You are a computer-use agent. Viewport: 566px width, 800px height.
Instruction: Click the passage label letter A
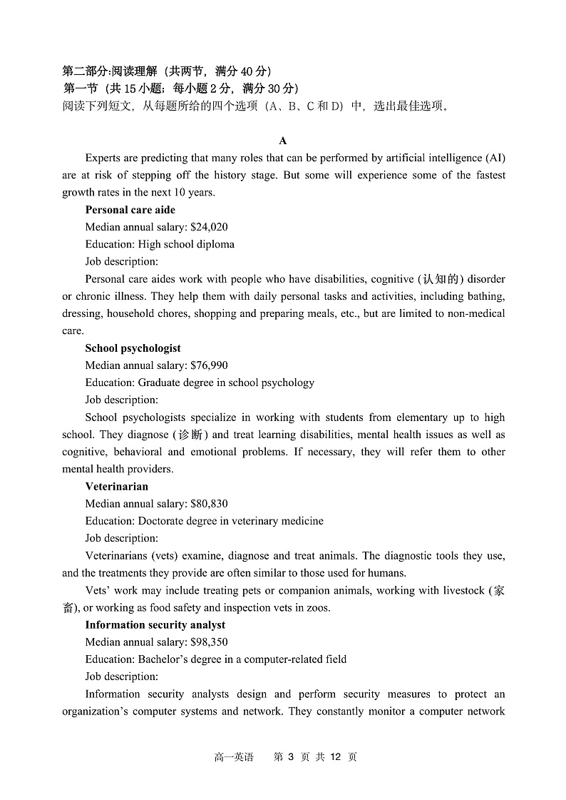(283, 141)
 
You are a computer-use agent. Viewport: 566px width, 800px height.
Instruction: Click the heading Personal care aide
(130, 210)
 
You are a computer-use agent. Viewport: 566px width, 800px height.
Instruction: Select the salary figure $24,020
(209, 227)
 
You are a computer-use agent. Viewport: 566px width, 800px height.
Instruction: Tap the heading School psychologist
(133, 348)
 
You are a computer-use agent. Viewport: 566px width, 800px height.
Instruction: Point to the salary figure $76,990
(209, 365)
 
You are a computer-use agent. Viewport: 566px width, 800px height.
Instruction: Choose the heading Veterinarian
(116, 487)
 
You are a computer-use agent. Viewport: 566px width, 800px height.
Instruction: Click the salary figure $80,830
(209, 504)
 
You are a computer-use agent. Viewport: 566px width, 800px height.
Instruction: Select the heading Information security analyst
(155, 625)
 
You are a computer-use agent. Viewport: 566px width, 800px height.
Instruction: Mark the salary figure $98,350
(209, 642)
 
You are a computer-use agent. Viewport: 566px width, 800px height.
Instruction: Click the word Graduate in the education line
(160, 383)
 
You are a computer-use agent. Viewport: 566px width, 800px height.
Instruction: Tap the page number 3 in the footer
(290, 757)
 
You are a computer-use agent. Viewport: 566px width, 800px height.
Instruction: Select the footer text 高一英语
(233, 757)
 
